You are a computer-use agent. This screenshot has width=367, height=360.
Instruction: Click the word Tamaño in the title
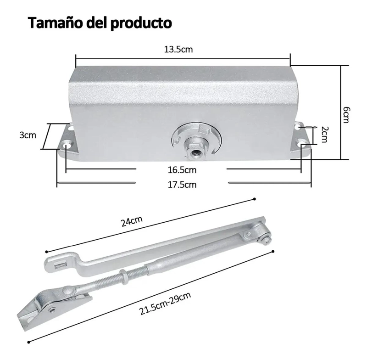(56, 23)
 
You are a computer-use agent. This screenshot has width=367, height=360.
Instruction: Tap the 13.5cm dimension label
(178, 50)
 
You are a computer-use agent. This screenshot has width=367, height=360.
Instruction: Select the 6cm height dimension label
(345, 115)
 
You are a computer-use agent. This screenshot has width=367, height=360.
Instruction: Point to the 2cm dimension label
(324, 135)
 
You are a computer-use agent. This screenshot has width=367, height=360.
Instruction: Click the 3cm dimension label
(28, 135)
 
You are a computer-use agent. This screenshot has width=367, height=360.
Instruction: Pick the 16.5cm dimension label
(182, 170)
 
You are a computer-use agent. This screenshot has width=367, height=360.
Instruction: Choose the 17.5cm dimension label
(182, 185)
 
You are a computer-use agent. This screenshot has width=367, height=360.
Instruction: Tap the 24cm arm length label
(132, 221)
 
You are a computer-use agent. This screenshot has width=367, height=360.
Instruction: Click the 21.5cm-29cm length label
(165, 304)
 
